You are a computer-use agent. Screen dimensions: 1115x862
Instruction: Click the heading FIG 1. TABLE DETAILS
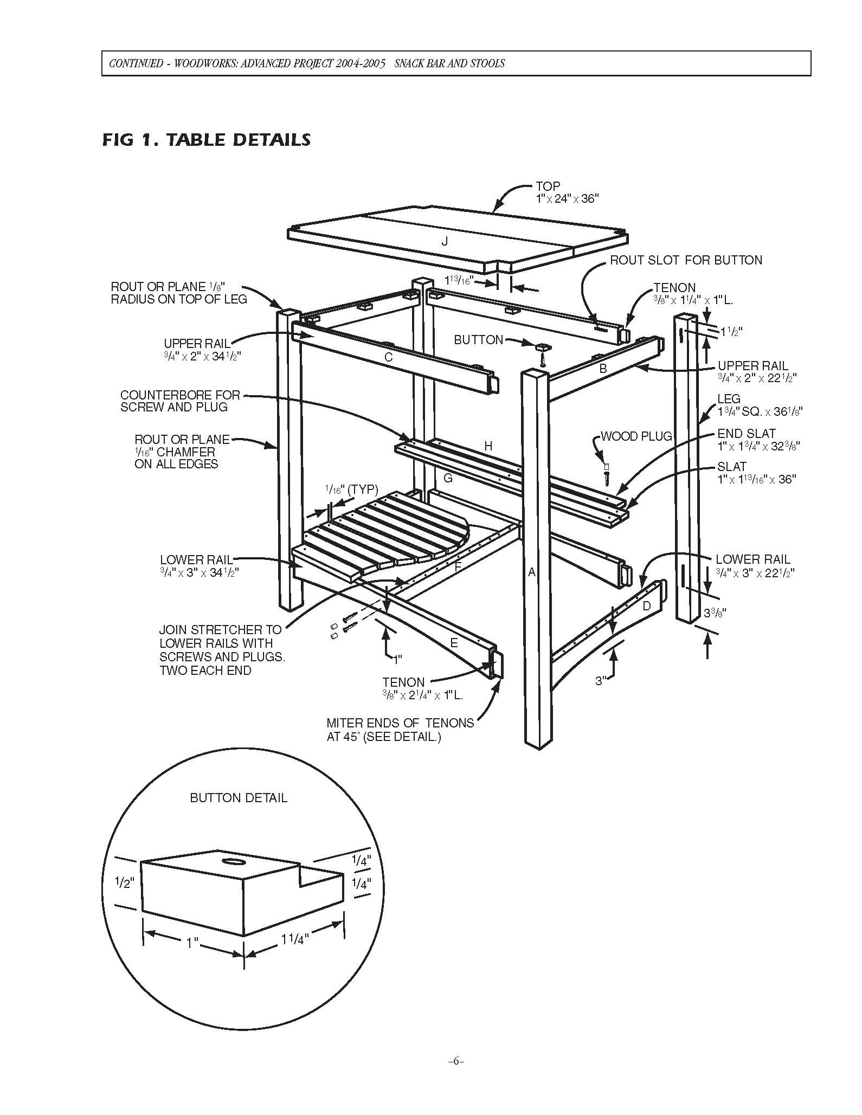point(206,139)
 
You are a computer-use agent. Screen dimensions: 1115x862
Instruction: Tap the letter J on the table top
point(445,241)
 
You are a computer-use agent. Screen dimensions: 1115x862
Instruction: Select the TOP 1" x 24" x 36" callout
point(566,192)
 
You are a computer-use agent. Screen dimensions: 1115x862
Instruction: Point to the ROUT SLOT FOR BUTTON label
point(686,260)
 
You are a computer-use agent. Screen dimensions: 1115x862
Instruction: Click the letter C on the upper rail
point(388,358)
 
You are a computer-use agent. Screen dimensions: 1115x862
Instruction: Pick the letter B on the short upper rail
point(603,369)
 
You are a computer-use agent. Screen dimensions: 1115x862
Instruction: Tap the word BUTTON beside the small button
point(478,340)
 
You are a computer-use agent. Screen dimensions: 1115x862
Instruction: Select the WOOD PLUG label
point(636,436)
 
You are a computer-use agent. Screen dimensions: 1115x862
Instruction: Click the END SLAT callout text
point(758,440)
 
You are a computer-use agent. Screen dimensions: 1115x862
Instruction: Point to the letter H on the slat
point(488,446)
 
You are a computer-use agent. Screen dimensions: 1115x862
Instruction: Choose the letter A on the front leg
point(532,572)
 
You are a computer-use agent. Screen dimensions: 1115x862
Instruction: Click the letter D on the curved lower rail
point(646,606)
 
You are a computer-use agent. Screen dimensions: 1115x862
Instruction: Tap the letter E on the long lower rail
point(454,643)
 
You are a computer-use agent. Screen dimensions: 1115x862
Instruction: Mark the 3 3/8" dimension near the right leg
point(715,613)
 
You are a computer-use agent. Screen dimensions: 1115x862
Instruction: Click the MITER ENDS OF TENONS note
point(400,730)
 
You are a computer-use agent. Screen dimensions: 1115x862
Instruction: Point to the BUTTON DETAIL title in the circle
point(239,798)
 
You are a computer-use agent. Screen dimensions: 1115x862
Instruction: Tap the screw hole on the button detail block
point(235,861)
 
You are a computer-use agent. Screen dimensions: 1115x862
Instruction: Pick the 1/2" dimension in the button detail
point(124,883)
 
